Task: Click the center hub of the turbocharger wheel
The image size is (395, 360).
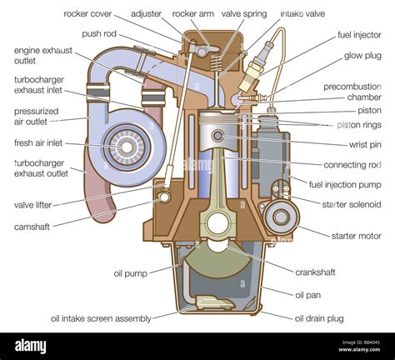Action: pos(127,147)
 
